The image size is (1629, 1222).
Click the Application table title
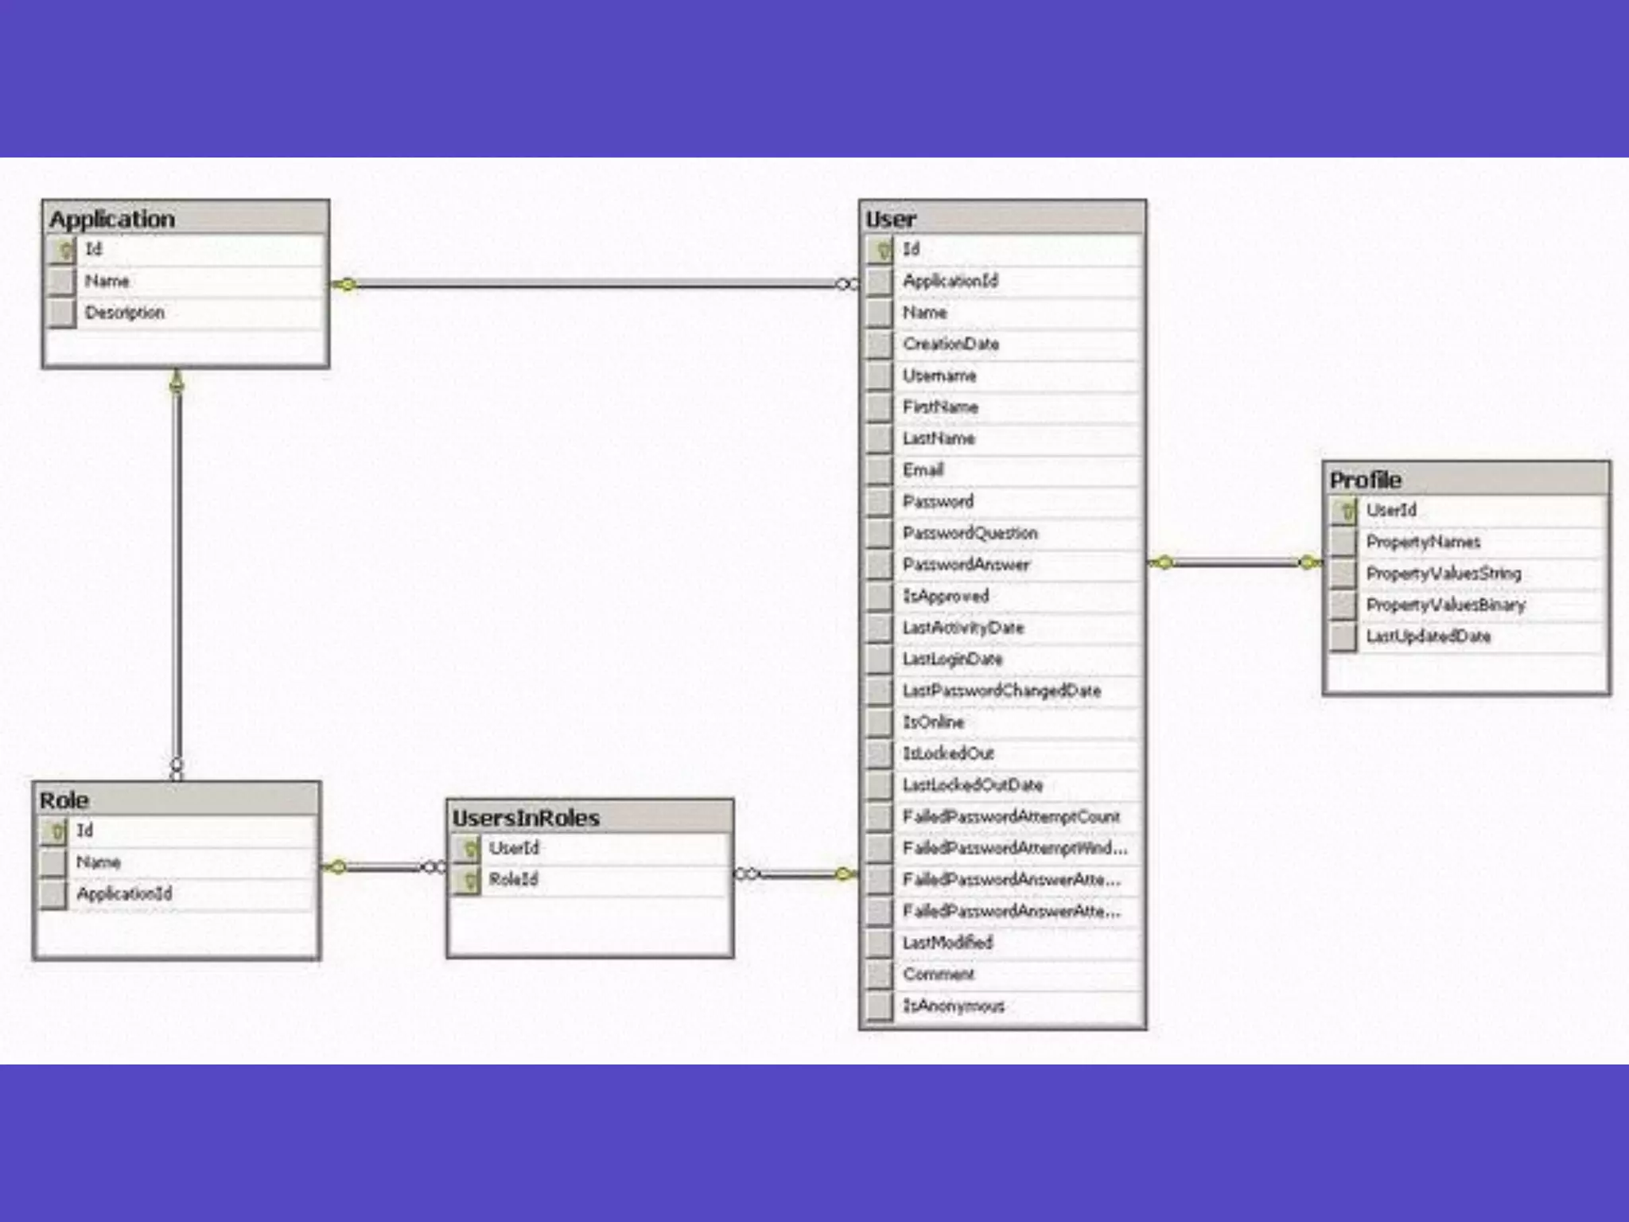[x=112, y=219]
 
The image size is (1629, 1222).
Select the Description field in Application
[x=125, y=313]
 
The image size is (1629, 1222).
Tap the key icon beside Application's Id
[x=63, y=250]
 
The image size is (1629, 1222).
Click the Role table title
[x=64, y=800]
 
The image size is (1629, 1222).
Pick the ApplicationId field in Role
[x=124, y=893]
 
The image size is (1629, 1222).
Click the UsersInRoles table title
[x=526, y=818]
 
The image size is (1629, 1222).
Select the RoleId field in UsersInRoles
[x=514, y=879]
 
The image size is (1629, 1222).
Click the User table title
[x=891, y=220]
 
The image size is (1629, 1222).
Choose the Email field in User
[x=923, y=470]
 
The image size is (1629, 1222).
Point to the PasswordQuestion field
[x=970, y=533]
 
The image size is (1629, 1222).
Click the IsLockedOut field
[x=948, y=753]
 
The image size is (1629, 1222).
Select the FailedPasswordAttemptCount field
[x=1011, y=817]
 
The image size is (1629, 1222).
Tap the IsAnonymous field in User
[x=953, y=1006]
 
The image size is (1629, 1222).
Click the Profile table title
[x=1365, y=480]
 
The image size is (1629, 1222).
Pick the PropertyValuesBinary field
[x=1445, y=605]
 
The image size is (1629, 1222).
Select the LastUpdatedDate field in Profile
[x=1428, y=636]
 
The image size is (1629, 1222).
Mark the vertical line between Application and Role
[x=177, y=573]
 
